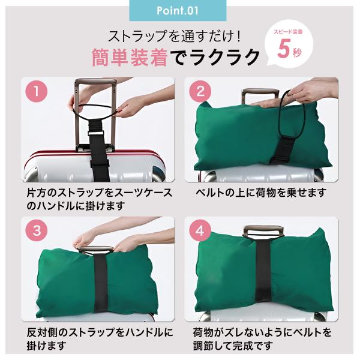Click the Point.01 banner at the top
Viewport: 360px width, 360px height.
point(178,10)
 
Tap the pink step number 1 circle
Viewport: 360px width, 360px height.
point(36,91)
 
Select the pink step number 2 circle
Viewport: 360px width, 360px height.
point(200,91)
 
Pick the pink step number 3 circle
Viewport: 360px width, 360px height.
point(36,230)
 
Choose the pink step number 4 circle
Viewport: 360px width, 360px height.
point(200,230)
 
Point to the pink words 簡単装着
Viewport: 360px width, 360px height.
point(130,58)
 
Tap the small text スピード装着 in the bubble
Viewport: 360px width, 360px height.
point(288,32)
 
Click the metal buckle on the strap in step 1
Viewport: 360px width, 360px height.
point(96,134)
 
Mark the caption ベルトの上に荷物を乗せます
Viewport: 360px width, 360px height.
point(261,193)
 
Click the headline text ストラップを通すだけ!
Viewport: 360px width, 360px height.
point(174,36)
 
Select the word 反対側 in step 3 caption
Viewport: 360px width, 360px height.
point(43,332)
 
